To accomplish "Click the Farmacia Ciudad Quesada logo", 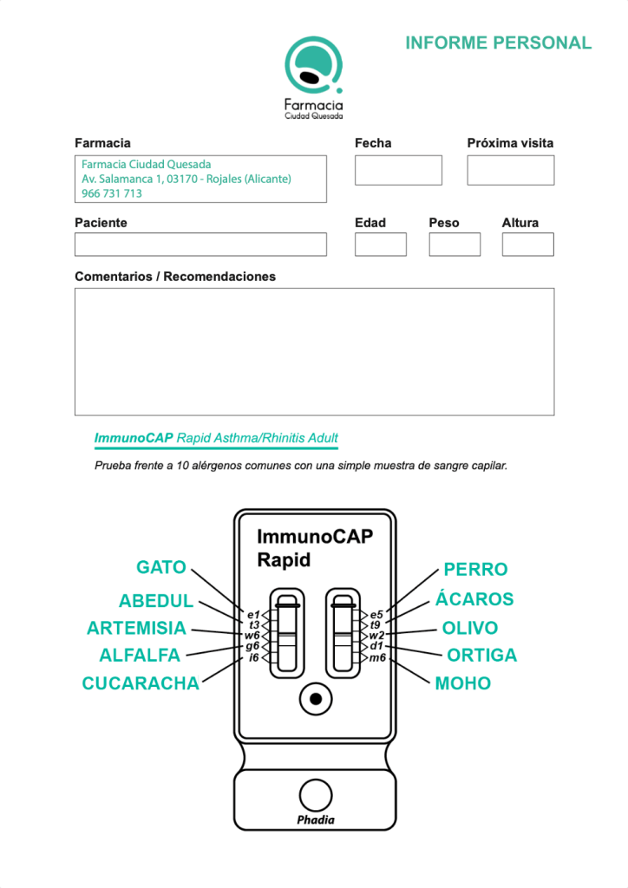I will (x=314, y=78).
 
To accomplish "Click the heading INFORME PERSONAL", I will (x=498, y=43).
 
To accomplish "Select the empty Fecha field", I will (x=398, y=170).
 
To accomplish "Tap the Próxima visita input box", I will (x=510, y=170).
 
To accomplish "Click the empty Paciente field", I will (x=200, y=245).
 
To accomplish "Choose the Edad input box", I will (x=380, y=245).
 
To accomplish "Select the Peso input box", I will (x=454, y=245).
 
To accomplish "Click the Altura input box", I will (x=527, y=245).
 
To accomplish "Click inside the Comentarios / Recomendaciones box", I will (x=314, y=351).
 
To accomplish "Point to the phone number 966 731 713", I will (x=112, y=193).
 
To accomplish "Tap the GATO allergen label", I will (x=161, y=568).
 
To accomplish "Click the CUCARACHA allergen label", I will (x=141, y=683).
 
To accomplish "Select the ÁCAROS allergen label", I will (x=474, y=599).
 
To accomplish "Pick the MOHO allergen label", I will (x=463, y=683).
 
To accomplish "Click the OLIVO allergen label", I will (x=470, y=628).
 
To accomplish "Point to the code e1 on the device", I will (x=253, y=615).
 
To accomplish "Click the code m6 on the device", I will (x=377, y=658).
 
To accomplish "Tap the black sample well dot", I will (x=315, y=698).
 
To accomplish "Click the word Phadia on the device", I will (x=315, y=819).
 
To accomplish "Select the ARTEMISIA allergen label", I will (x=137, y=628).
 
